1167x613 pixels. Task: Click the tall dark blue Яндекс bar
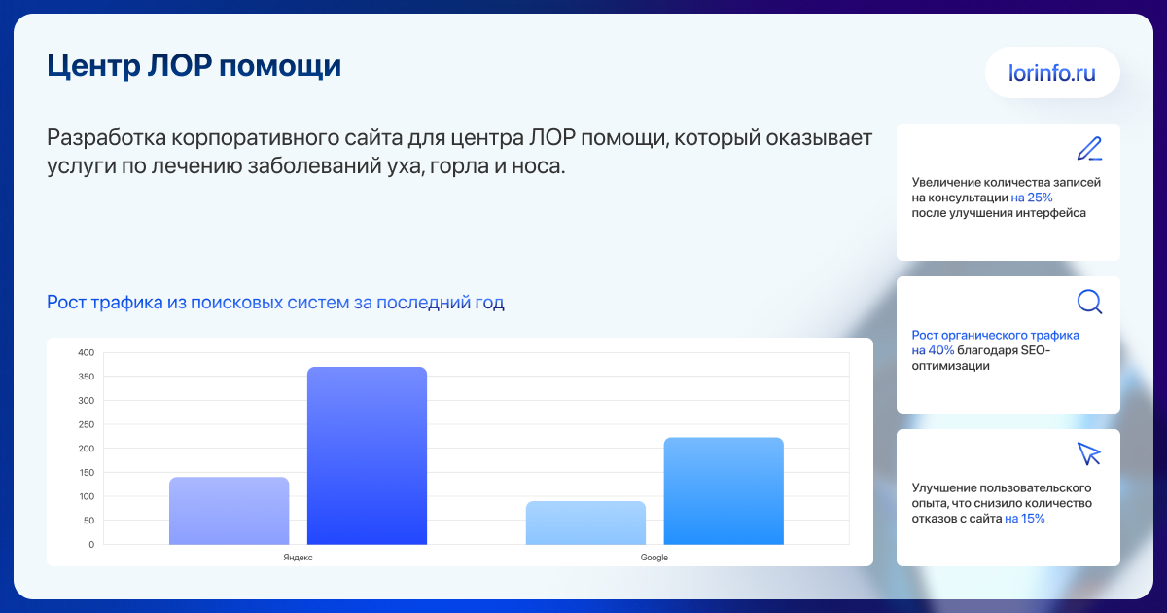[x=367, y=455]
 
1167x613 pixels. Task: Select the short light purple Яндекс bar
[x=230, y=511]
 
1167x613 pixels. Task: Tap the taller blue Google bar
[x=724, y=491]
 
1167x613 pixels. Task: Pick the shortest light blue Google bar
[x=585, y=523]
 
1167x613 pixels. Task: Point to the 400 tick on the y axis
[x=87, y=352]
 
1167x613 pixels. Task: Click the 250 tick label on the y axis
[x=87, y=424]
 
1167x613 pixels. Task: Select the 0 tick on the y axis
[x=91, y=544]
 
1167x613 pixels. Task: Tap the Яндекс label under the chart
[x=298, y=558]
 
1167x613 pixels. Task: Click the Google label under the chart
[x=654, y=558]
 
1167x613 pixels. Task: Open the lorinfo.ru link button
[x=1052, y=72]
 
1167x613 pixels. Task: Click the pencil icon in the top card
[x=1089, y=149]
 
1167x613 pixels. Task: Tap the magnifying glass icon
[x=1089, y=302]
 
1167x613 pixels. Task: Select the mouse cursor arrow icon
[x=1089, y=454]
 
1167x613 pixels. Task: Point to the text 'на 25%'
[x=1032, y=198]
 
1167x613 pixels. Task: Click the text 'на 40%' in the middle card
[x=933, y=350]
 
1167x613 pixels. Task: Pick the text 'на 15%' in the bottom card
[x=1025, y=518]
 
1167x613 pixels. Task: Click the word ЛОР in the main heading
[x=179, y=66]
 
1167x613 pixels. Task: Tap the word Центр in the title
[x=93, y=67]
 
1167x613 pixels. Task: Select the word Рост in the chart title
[x=67, y=303]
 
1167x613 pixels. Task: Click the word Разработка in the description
[x=106, y=138]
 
